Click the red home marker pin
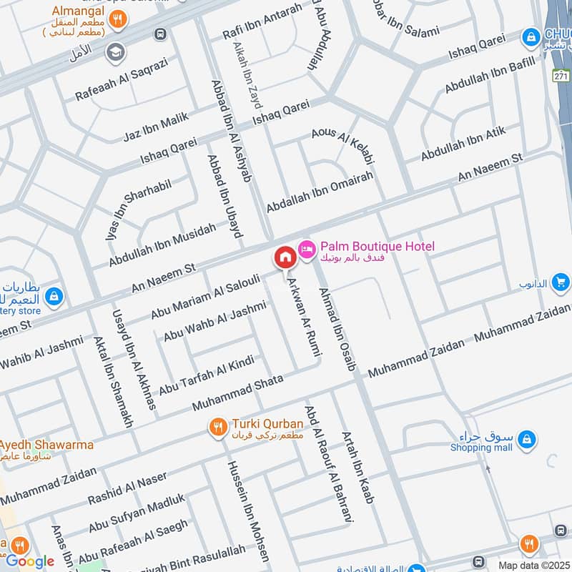[x=285, y=257]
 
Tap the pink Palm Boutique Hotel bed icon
[x=307, y=247]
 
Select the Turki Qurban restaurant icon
[x=218, y=428]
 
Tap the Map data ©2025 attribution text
[x=533, y=565]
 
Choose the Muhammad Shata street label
[x=237, y=393]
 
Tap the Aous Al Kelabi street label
[x=342, y=144]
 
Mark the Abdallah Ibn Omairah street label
[x=320, y=191]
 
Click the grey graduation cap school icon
[x=114, y=52]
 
